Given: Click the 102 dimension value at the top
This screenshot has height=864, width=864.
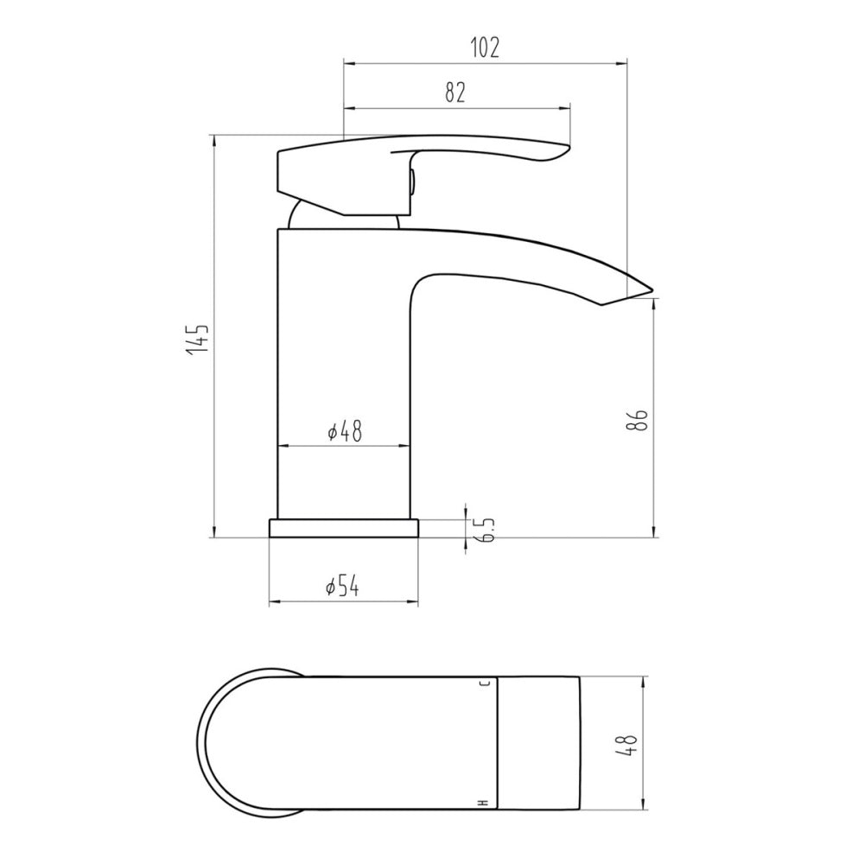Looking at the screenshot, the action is point(486,48).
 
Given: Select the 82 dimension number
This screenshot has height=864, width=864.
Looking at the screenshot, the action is point(455,92).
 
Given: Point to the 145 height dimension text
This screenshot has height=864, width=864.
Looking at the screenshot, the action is point(198,340).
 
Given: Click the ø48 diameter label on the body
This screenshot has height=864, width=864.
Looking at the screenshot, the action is point(345,431).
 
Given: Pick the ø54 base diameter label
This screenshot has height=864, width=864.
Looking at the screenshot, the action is point(342,587).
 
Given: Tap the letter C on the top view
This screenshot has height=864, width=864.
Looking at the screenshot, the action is point(485,684).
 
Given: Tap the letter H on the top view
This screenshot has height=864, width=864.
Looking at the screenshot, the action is point(485,804).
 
